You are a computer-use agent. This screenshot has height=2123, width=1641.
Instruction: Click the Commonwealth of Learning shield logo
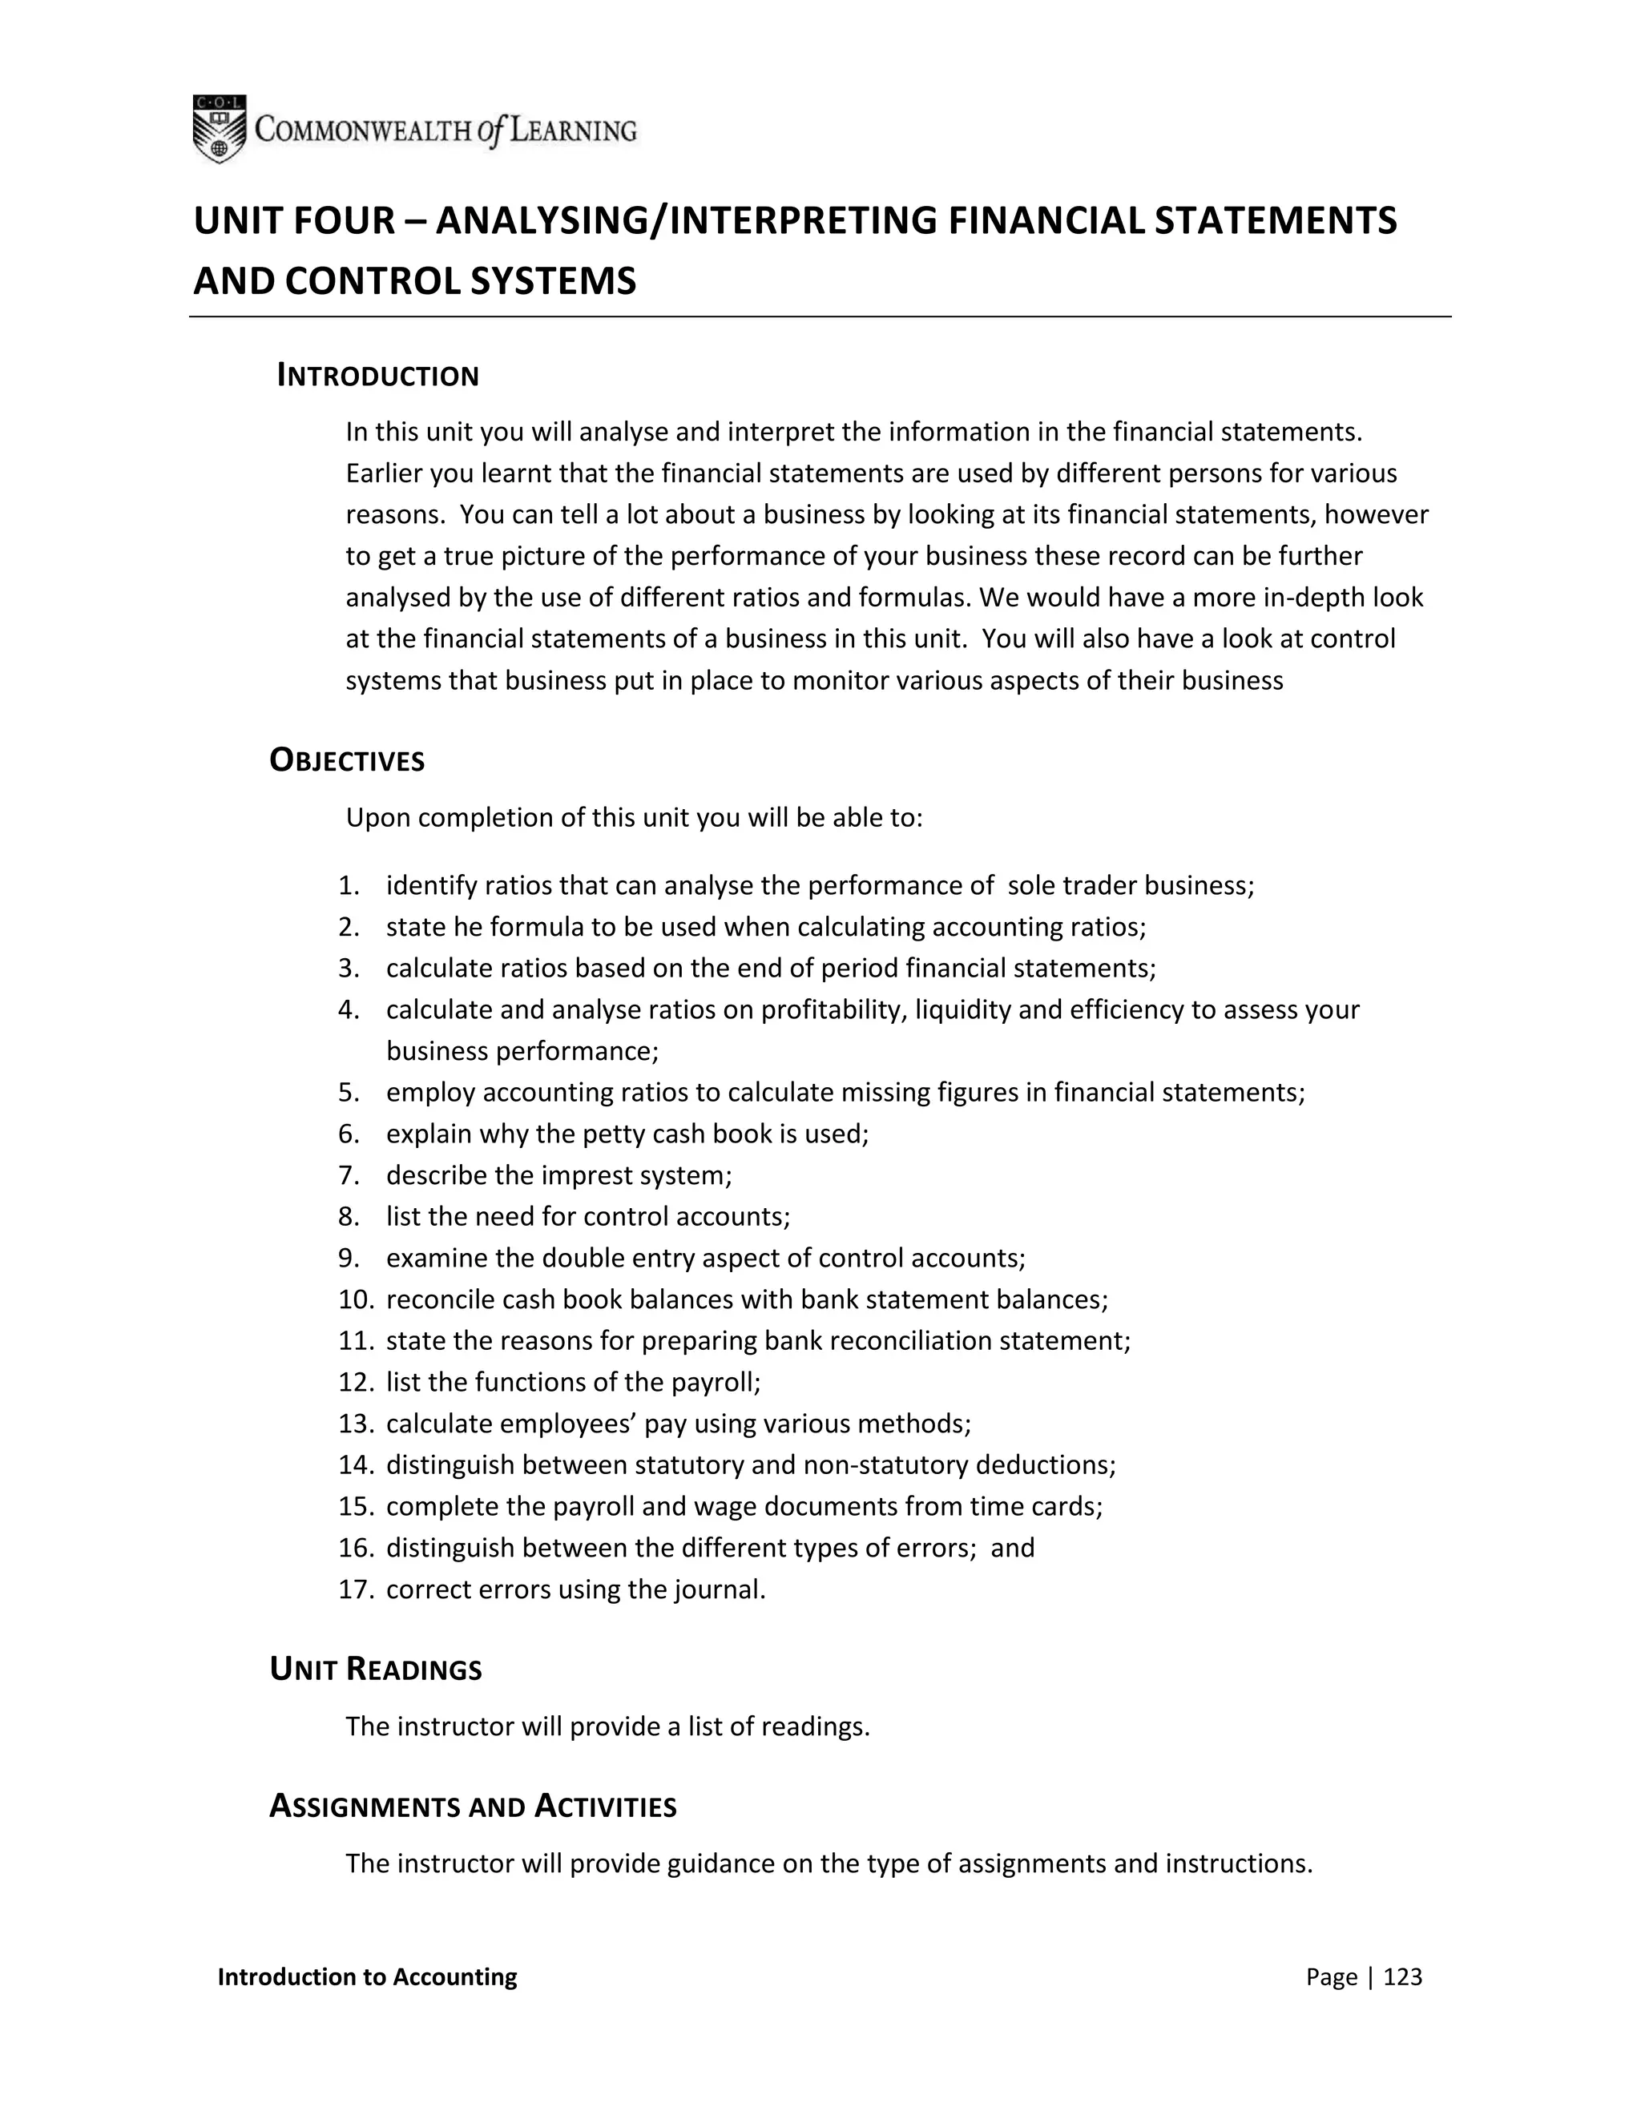click(219, 128)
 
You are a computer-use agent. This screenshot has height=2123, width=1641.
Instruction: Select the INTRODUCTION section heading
click(377, 377)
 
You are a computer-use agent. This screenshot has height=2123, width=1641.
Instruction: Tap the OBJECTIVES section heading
click(347, 760)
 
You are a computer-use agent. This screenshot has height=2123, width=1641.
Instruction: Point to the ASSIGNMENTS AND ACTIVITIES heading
click(473, 1806)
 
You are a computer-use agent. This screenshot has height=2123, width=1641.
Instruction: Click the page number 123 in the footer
click(1402, 1976)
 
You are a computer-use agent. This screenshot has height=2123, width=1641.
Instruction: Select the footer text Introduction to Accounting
click(368, 1976)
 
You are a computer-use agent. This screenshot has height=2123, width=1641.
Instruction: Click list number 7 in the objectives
click(349, 1175)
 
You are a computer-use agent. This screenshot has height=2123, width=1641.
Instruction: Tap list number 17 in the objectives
click(355, 1589)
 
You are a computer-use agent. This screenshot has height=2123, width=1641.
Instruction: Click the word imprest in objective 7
click(583, 1175)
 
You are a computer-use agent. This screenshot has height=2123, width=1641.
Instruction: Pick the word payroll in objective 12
click(716, 1382)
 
